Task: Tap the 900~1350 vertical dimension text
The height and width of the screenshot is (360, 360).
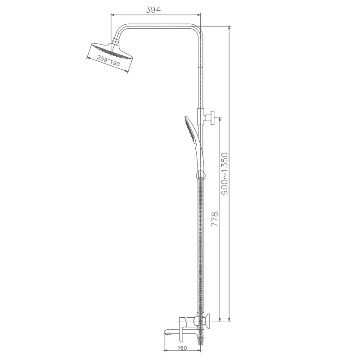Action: [x=225, y=173]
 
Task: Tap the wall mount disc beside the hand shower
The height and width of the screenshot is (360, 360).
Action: [x=214, y=118]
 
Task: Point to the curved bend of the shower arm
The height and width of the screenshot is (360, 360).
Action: [x=122, y=29]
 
